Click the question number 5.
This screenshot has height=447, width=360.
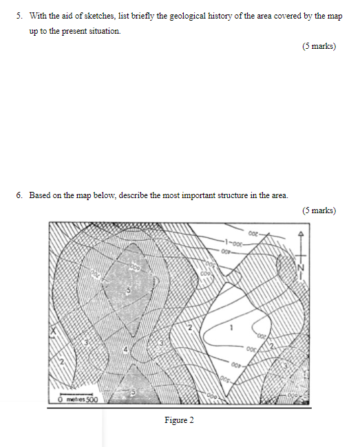point(19,14)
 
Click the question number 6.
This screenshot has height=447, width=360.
point(19,195)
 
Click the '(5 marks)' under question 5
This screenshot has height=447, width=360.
point(319,47)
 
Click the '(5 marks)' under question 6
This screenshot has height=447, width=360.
point(319,210)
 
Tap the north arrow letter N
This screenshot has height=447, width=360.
point(300,267)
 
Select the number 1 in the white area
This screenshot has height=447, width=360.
point(232,327)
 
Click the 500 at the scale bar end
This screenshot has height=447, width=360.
point(92,400)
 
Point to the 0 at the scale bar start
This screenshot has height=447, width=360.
point(61,400)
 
